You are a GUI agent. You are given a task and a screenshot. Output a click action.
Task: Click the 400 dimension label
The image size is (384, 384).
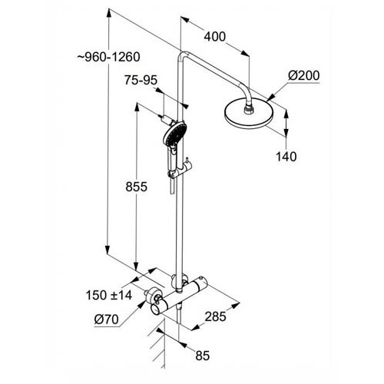tap(214, 37)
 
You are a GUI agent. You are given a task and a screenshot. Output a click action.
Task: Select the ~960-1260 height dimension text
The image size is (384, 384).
tap(109, 57)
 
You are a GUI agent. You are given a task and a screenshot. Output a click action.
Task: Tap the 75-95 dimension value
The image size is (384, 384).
tap(141, 81)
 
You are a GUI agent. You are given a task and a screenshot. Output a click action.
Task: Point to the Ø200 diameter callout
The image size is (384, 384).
tap(304, 75)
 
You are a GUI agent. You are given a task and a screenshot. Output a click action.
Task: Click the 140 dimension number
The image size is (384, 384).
tap(286, 157)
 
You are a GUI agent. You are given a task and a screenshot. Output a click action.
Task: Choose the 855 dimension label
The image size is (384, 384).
tap(136, 187)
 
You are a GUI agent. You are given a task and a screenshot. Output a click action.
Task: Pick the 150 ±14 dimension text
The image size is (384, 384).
tap(109, 295)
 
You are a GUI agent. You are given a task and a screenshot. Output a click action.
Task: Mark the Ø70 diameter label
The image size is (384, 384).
tap(107, 319)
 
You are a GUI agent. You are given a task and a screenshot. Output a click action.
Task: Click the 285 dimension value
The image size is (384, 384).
tap(215, 316)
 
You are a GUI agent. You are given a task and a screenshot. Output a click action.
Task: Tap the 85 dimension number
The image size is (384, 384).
tap(203, 356)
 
